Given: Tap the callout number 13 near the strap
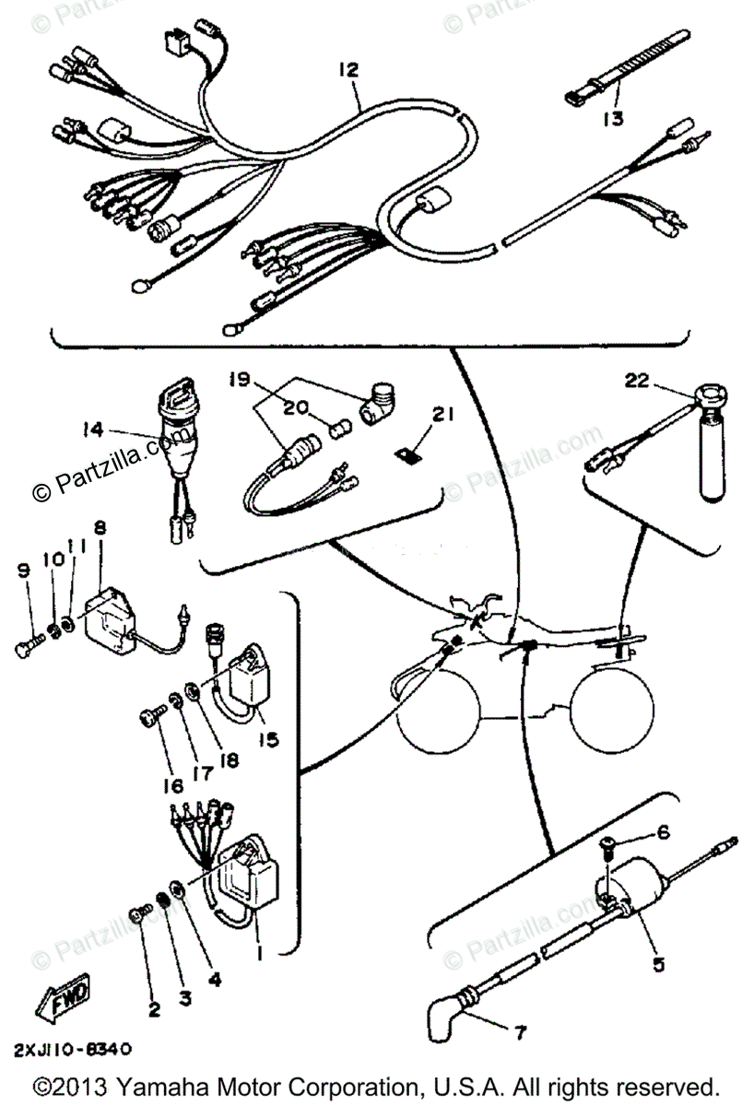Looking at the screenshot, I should point(613,118).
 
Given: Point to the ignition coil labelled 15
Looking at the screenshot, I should point(246,679).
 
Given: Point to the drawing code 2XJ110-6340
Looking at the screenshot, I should point(73,1049).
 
